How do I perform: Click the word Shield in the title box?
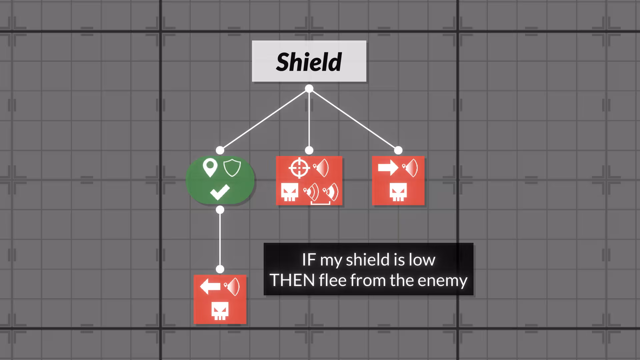pyautogui.click(x=309, y=62)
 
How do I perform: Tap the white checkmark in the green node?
pyautogui.click(x=220, y=192)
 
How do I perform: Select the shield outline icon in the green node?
pyautogui.click(x=232, y=168)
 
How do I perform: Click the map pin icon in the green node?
pyautogui.click(x=210, y=168)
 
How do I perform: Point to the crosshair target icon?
pyautogui.click(x=299, y=168)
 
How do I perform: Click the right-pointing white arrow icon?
pyautogui.click(x=388, y=168)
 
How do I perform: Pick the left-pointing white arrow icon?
pyautogui.click(x=210, y=286)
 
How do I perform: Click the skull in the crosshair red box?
pyautogui.click(x=289, y=193)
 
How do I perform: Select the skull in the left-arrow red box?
pyautogui.click(x=220, y=311)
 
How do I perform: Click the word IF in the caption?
pyautogui.click(x=308, y=260)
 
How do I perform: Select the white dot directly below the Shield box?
pyautogui.click(x=309, y=89)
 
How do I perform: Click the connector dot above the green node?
pyautogui.click(x=220, y=150)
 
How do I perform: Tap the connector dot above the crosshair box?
pyautogui.click(x=309, y=150)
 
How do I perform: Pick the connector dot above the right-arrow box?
pyautogui.click(x=398, y=150)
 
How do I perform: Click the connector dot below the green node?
pyautogui.click(x=220, y=210)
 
